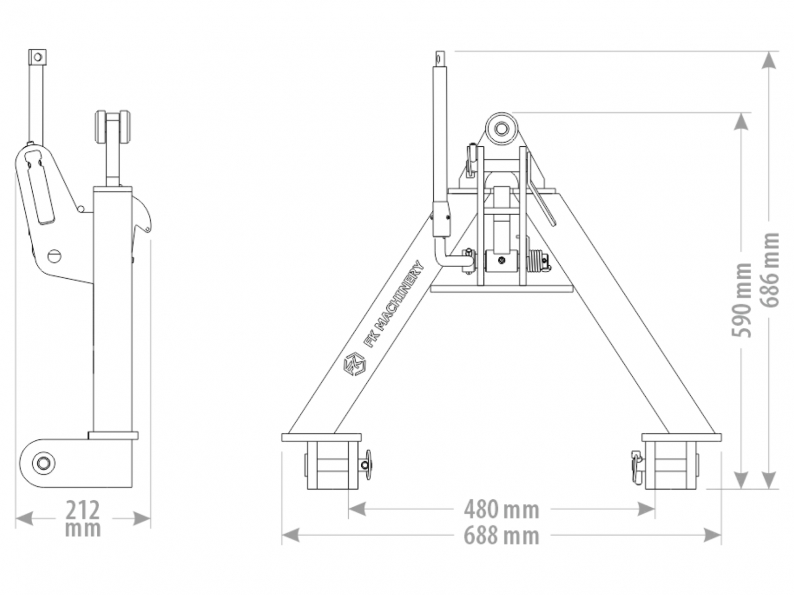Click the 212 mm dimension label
pos(82,519)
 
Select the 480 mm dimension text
pos(501,510)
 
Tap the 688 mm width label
pos(501,536)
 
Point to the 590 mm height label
pos(741,300)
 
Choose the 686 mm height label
pos(769,270)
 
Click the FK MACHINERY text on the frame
pos(395,304)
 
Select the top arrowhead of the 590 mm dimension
pos(741,121)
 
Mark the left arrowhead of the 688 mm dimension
pos(290,535)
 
